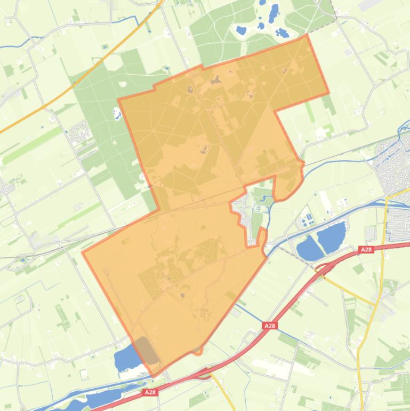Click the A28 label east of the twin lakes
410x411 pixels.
click(366, 249)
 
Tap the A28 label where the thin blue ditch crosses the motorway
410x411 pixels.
click(270, 325)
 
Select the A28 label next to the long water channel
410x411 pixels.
click(150, 392)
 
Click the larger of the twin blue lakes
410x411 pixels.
click(331, 236)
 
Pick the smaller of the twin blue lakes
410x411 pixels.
click(308, 248)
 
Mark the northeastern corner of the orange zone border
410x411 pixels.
click(307, 35)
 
